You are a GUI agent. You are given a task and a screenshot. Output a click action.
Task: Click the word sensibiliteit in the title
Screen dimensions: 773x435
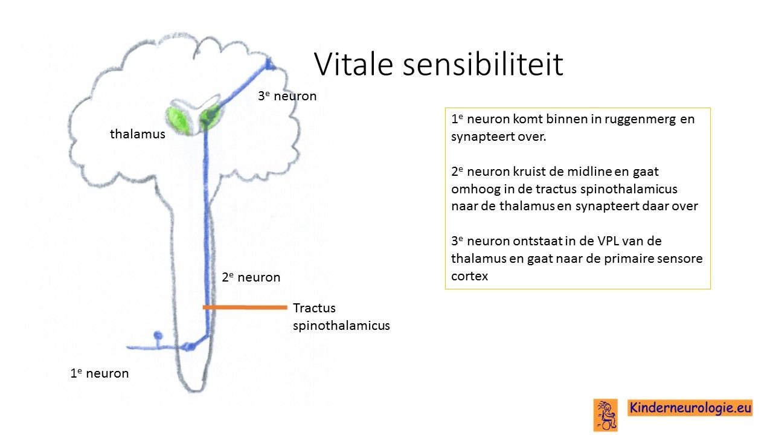(x=483, y=64)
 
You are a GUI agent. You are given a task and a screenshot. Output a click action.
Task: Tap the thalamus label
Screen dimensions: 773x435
(x=137, y=134)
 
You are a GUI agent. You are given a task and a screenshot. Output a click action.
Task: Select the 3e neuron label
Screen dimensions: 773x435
(x=287, y=96)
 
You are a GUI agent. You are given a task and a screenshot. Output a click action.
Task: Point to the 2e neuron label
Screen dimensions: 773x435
(x=251, y=277)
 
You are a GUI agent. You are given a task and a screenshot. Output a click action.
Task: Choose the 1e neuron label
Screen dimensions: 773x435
(x=100, y=373)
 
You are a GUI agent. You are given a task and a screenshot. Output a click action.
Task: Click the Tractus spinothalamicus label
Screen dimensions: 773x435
(x=341, y=317)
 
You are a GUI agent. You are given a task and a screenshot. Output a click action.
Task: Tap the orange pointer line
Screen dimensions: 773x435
(x=245, y=308)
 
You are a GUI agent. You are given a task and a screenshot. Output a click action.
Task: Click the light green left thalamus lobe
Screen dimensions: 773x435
(x=178, y=120)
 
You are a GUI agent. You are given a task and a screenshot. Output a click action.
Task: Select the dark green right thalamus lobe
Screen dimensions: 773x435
(x=210, y=117)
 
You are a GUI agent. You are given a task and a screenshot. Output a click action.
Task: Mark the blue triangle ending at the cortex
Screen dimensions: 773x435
(x=269, y=65)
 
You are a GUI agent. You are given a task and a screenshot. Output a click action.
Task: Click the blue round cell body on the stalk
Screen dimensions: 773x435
(x=158, y=335)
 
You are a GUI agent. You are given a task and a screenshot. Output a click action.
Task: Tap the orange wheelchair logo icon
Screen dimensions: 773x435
(x=605, y=415)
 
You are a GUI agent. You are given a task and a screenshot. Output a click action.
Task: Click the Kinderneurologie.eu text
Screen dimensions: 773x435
(x=690, y=408)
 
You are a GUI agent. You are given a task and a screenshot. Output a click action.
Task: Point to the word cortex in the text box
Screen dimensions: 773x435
(x=470, y=276)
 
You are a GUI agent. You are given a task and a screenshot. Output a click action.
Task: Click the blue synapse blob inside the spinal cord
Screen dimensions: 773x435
(x=188, y=346)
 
